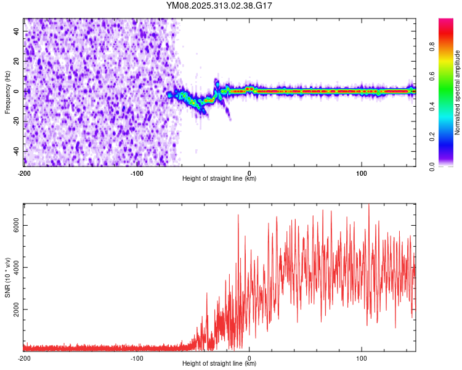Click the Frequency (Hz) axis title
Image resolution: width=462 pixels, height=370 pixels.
click(7, 92)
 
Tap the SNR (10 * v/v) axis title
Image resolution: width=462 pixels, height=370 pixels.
click(7, 277)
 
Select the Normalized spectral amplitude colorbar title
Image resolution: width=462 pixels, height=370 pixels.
click(458, 92)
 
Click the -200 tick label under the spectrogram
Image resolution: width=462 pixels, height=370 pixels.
click(24, 173)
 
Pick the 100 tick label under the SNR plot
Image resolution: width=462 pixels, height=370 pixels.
click(362, 358)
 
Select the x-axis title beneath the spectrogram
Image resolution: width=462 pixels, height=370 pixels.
click(219, 179)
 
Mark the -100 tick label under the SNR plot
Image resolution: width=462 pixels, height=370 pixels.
click(137, 358)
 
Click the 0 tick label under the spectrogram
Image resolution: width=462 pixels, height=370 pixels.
click(249, 173)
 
